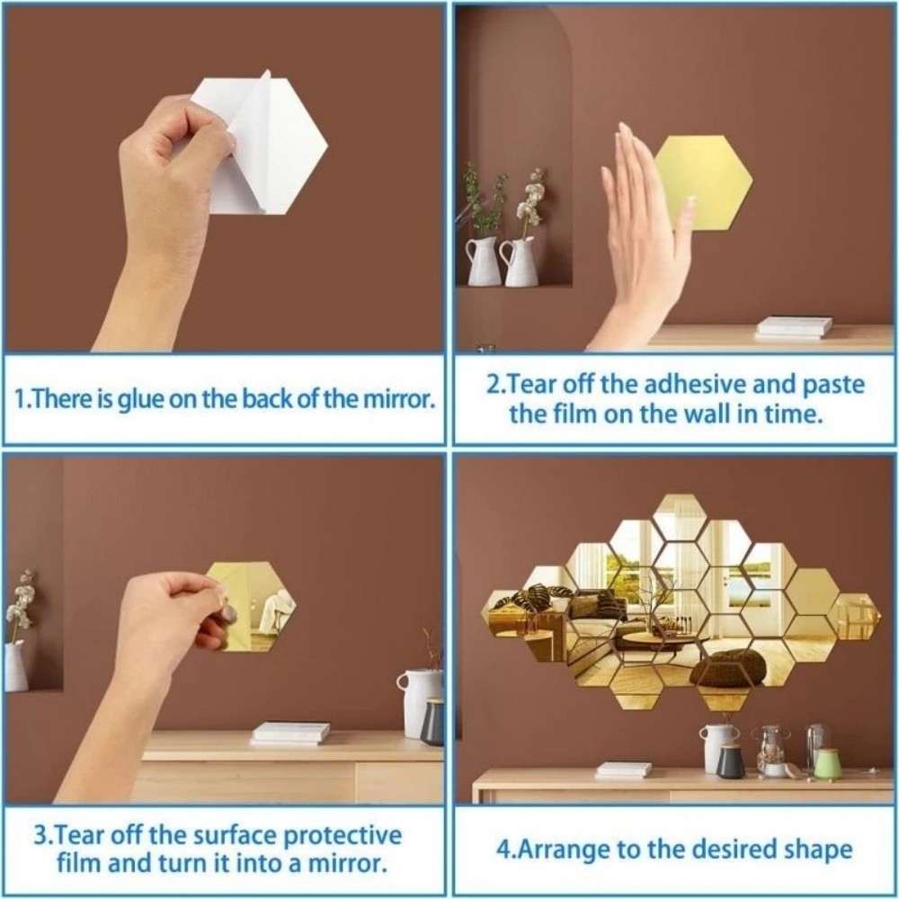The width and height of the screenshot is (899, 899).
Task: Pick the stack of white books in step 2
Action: [x=793, y=326]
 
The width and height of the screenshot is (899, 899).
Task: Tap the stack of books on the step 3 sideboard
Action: [x=292, y=733]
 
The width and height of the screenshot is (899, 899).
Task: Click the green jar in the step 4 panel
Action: [x=827, y=763]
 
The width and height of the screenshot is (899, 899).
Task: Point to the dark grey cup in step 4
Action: [x=730, y=761]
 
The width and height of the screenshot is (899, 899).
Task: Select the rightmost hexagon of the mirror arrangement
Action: [x=856, y=615]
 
